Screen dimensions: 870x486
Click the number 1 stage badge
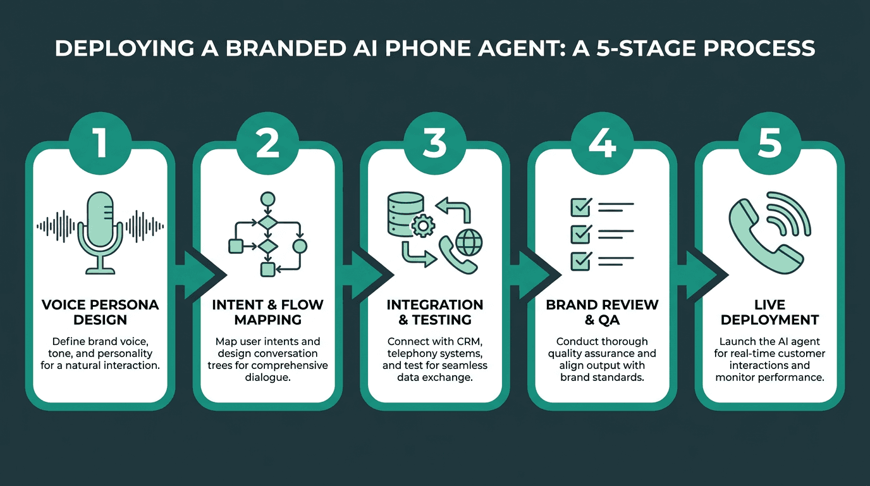pos(100,143)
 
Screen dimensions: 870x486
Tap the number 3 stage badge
pos(434,143)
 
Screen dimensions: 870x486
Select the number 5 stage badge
pos(769,143)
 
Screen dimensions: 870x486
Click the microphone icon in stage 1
pos(100,232)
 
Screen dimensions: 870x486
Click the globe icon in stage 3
pos(469,242)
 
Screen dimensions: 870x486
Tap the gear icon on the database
pos(422,225)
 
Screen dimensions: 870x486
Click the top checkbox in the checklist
pos(581,207)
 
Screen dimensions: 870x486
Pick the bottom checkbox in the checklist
pos(581,261)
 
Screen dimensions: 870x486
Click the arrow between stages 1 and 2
pos(200,275)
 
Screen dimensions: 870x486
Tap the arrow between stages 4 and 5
pos(702,275)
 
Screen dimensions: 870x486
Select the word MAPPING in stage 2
pos(267,320)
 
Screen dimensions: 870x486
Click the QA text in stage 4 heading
pos(609,320)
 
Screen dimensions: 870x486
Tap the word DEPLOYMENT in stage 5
pos(770,320)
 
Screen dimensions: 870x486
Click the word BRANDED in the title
pos(286,49)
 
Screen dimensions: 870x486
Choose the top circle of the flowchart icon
pos(267,199)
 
